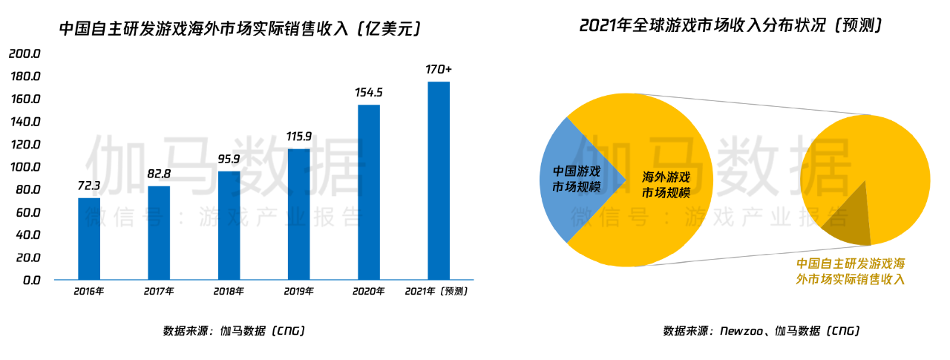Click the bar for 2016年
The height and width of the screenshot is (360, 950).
point(89,238)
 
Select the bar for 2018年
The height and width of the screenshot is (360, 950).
point(229,225)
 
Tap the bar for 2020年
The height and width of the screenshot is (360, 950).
point(369,192)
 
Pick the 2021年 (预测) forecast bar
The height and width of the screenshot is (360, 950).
point(439,180)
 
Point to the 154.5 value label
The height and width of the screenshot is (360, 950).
point(369,93)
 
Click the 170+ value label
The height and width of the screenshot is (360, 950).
point(439,69)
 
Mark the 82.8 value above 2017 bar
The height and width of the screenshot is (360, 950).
point(159,174)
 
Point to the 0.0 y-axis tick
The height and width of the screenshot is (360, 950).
point(30,281)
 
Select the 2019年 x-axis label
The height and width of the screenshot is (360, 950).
point(298,292)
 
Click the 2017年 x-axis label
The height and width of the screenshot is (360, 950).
point(159,292)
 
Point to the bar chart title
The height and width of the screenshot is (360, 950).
point(240,29)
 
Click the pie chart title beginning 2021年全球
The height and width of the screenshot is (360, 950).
point(730,25)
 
